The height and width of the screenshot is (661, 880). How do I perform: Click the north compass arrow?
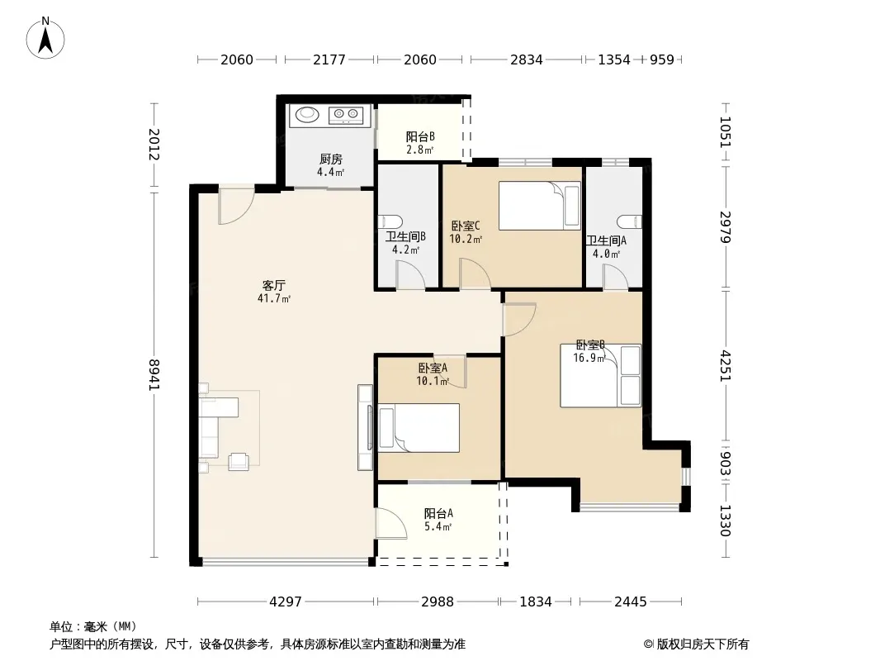pos(45,39)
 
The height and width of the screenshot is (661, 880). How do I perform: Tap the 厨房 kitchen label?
pos(330,159)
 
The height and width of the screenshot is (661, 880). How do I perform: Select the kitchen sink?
pos(307,115)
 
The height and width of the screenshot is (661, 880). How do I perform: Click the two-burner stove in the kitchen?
pos(346,115)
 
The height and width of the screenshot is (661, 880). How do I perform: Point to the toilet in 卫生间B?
pos(390,221)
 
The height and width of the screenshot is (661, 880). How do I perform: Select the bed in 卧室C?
pos(539,206)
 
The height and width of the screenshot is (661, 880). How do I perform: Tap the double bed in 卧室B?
pos(600,376)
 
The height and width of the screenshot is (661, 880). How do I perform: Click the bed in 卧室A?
pos(419,428)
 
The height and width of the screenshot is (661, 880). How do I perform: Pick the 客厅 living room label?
pos(274,285)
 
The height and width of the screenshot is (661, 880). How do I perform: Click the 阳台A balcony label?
pos(438,513)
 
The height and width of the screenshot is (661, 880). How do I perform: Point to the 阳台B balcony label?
pos(420,136)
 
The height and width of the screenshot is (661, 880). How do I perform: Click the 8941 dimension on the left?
pos(154,374)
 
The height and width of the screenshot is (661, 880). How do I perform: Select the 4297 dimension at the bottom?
pos(286,602)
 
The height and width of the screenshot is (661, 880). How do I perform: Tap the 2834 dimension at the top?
pos(527,59)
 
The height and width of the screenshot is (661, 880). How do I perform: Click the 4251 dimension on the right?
pos(726,366)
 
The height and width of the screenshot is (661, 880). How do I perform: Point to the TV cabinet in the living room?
pos(366,427)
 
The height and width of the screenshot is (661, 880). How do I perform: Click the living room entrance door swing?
pos(236,206)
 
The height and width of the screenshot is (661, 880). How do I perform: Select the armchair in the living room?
pos(239,461)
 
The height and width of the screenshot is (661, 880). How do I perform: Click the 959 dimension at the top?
pos(662,59)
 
